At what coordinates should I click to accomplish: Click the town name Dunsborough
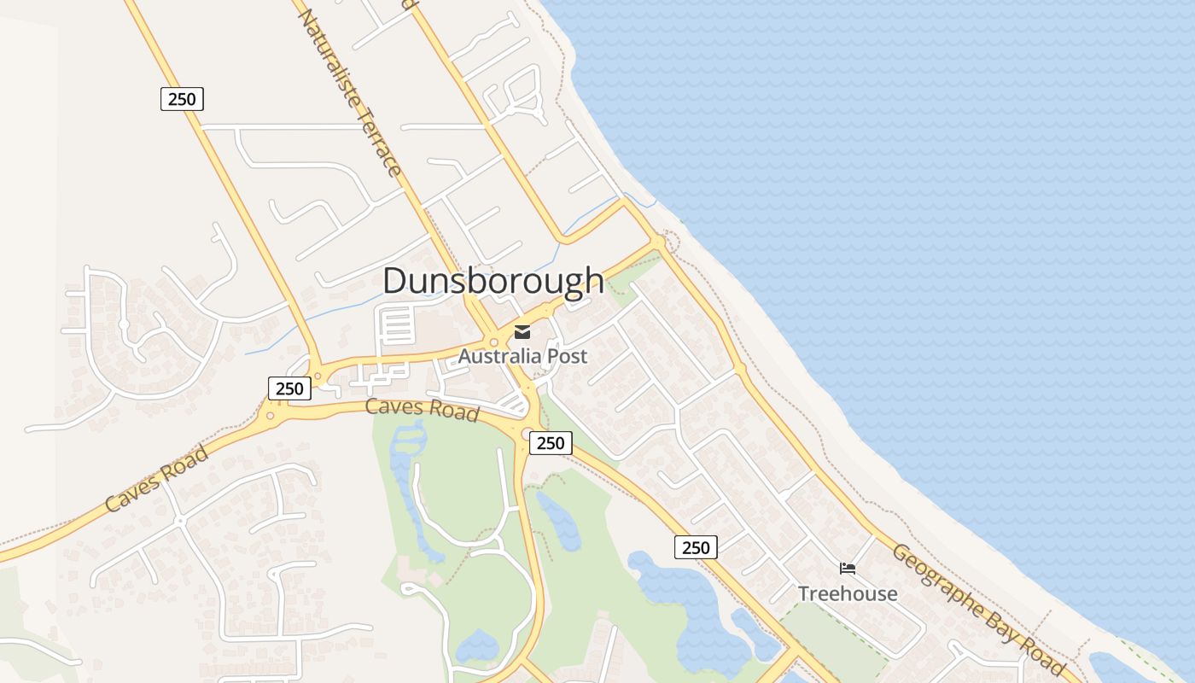pyautogui.click(x=493, y=281)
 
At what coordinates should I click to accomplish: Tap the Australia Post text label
pyautogui.click(x=522, y=356)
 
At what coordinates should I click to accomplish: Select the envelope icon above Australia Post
pyautogui.click(x=522, y=332)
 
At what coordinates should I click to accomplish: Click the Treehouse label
pyautogui.click(x=848, y=593)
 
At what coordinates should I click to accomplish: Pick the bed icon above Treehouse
pyautogui.click(x=848, y=569)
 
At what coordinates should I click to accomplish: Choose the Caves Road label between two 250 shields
pyautogui.click(x=422, y=409)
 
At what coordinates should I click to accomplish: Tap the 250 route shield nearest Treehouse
pyautogui.click(x=696, y=547)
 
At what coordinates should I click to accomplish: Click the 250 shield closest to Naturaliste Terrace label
pyautogui.click(x=182, y=99)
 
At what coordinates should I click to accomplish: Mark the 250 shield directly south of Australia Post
pyautogui.click(x=551, y=442)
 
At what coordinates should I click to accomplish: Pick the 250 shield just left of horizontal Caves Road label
pyautogui.click(x=289, y=388)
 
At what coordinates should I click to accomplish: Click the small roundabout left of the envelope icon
pyautogui.click(x=494, y=341)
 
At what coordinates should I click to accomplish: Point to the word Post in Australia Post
pyautogui.click(x=568, y=356)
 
